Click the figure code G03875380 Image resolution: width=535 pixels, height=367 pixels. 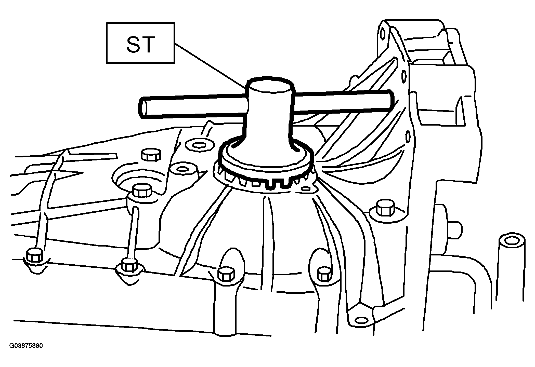[26, 346]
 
